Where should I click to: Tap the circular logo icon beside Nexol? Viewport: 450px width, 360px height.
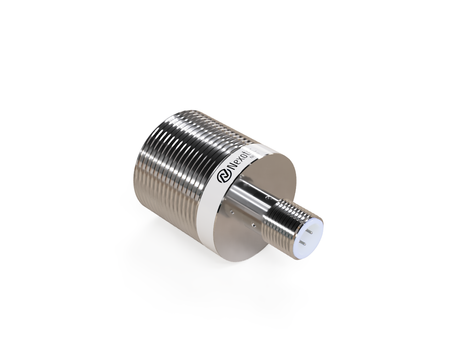click(x=223, y=175)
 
